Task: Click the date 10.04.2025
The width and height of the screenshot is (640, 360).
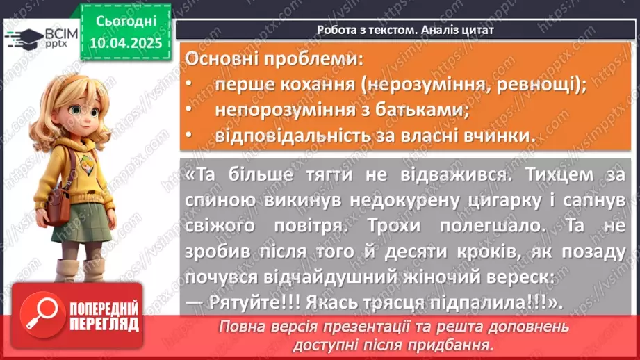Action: pos(126,42)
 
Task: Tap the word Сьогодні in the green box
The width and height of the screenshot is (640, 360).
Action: pos(126,21)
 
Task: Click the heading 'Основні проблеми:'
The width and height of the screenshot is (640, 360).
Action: pos(274,59)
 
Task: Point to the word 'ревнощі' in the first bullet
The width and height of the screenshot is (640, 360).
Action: pos(536,85)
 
